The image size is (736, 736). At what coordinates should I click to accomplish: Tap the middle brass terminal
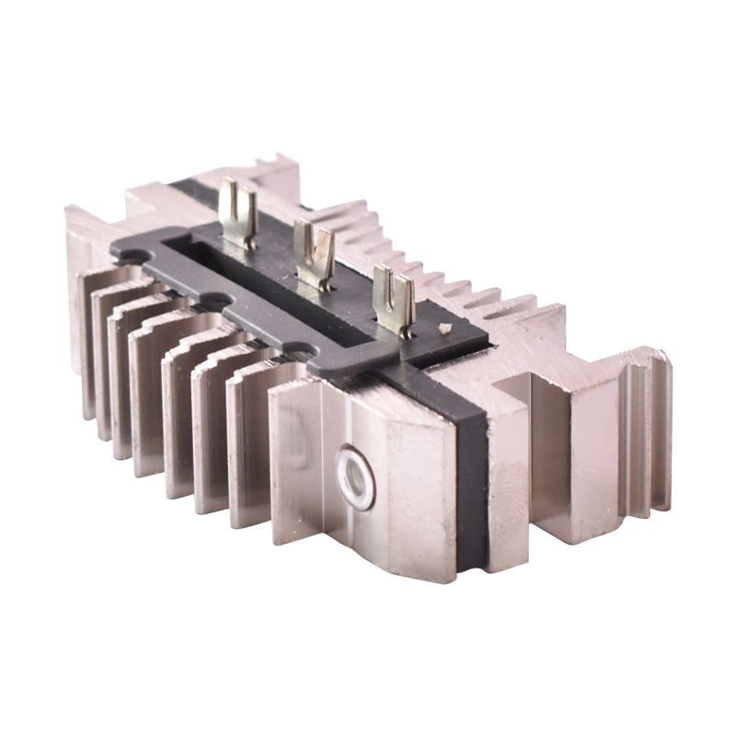click(x=314, y=254)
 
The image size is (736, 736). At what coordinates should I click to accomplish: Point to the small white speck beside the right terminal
click(x=445, y=328)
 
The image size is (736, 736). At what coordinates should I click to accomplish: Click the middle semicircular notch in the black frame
click(x=213, y=300)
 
